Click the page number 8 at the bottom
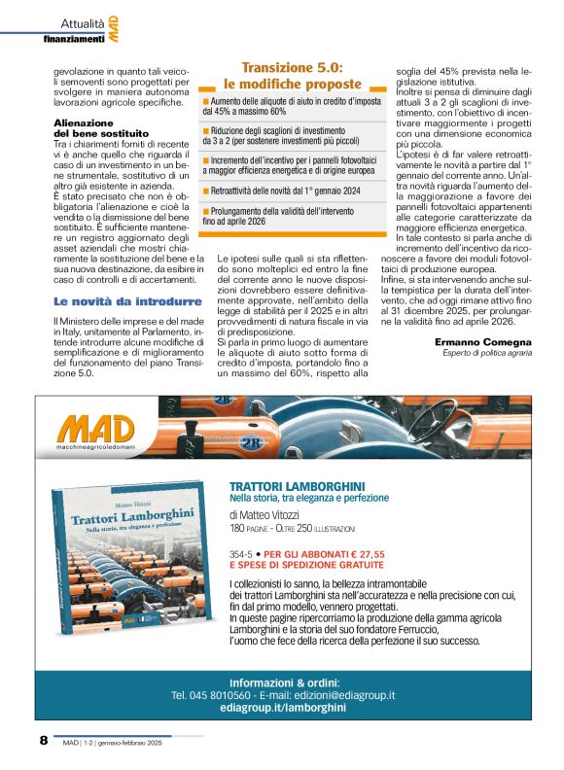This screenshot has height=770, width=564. tap(43, 740)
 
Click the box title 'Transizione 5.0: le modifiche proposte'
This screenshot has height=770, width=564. tap(292, 76)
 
